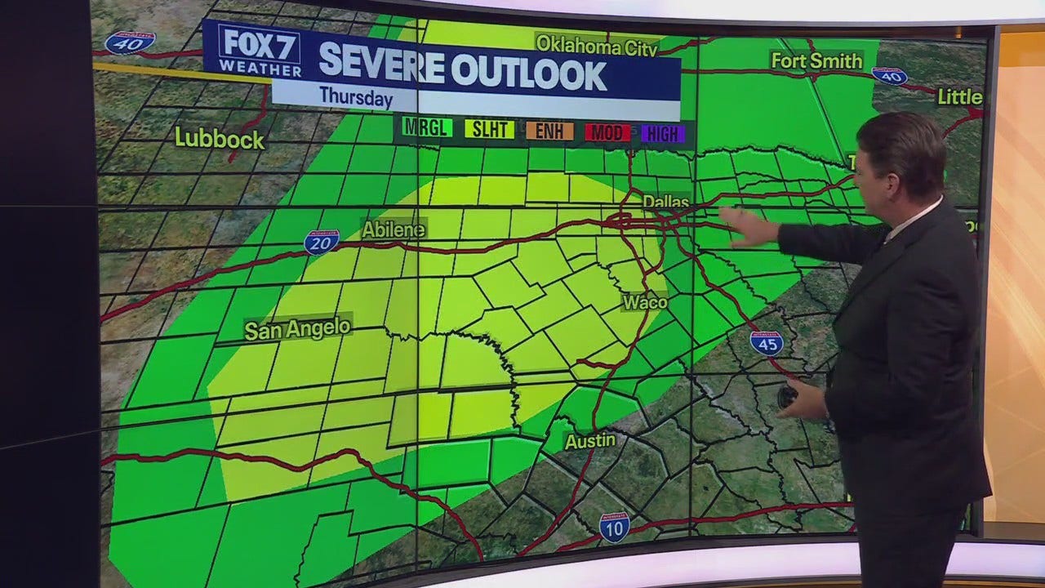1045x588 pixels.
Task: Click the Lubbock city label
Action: tap(220, 138)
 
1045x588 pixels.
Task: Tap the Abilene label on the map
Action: tap(394, 229)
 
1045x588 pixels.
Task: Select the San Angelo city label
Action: tap(298, 329)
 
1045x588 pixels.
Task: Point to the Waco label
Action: tap(645, 302)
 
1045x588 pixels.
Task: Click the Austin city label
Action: tap(590, 441)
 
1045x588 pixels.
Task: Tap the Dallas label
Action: tap(665, 202)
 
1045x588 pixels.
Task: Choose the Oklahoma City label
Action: tap(596, 47)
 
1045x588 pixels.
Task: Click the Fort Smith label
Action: tap(816, 61)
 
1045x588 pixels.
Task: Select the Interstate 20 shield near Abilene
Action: tap(322, 242)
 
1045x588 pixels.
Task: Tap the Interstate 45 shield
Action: tap(767, 342)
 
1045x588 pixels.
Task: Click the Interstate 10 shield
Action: tap(614, 527)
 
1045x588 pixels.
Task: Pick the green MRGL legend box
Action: tap(427, 128)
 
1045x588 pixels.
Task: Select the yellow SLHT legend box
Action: tap(489, 129)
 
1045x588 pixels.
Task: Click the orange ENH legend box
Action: tap(549, 131)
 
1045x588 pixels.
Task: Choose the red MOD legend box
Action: tap(607, 132)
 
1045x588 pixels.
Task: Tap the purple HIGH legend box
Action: tap(662, 134)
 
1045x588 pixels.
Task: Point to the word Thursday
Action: tap(356, 96)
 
